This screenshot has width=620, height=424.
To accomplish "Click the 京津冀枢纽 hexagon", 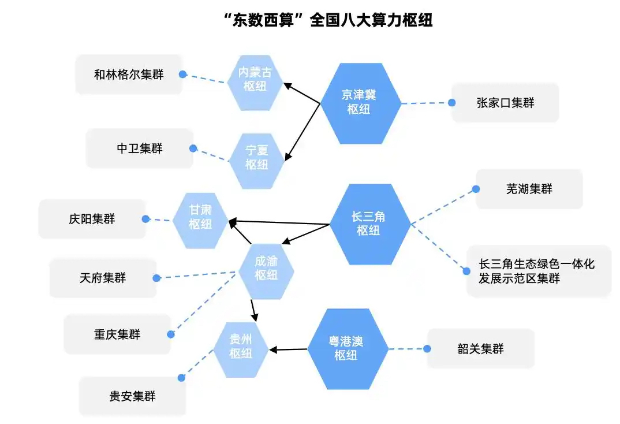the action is [360, 103].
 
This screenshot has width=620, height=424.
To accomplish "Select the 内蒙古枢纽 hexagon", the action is [255, 83].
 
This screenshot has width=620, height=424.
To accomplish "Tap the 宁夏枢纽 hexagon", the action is [257, 161].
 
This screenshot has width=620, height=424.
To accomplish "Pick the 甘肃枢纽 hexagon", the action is [200, 220].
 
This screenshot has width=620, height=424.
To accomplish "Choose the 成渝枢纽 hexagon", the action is [266, 271].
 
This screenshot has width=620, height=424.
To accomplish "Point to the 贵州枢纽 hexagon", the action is [240, 349].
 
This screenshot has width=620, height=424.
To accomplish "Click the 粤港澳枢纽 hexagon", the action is [348, 349].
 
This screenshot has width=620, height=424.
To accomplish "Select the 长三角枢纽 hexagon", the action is [369, 224].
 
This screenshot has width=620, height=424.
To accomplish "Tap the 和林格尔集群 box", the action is [129, 75].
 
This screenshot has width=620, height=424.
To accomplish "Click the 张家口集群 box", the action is [505, 103].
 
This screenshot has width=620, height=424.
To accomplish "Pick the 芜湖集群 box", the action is [529, 189].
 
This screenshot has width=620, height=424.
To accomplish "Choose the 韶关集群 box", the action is [480, 349].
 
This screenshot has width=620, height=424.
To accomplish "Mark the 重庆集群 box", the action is [117, 334].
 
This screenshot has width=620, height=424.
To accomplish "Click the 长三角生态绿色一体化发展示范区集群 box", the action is [539, 271].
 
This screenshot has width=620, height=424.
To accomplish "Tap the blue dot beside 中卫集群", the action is [193, 148].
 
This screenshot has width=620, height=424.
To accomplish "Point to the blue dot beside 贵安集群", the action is [181, 378].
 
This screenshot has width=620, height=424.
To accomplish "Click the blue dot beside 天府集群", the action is [156, 278].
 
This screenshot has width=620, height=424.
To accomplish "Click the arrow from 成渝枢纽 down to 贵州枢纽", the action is [253, 310].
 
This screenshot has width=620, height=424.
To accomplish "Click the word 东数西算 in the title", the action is [263, 20].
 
